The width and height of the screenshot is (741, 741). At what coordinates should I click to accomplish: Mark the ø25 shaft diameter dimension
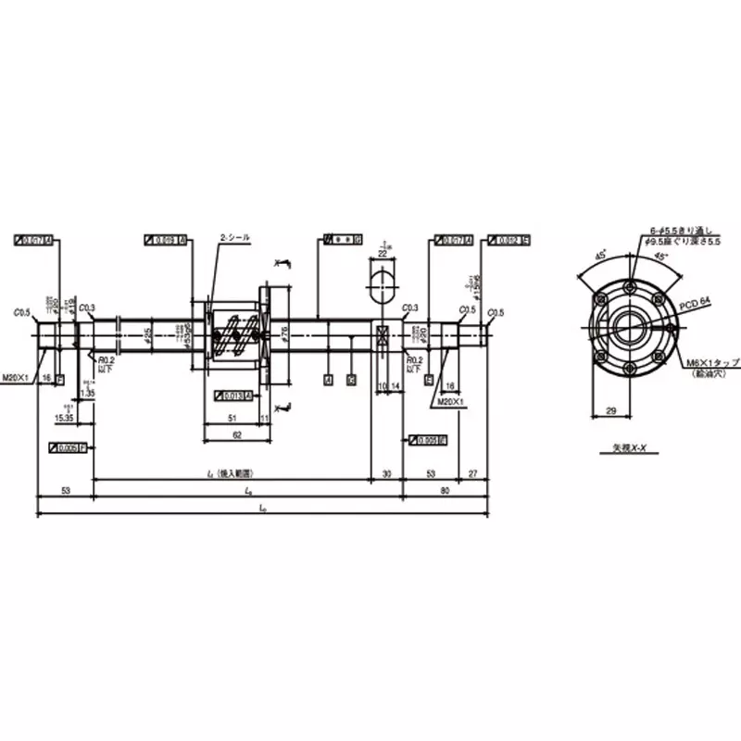click(148, 333)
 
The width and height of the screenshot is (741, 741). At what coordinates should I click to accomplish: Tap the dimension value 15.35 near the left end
click(65, 419)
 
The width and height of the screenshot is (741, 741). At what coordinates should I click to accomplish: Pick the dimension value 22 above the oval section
click(383, 252)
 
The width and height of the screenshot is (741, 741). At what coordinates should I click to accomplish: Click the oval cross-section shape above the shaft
click(383, 283)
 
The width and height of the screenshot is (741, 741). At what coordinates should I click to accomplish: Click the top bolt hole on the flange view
click(629, 283)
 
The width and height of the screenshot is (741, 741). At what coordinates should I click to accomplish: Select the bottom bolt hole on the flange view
click(629, 365)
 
